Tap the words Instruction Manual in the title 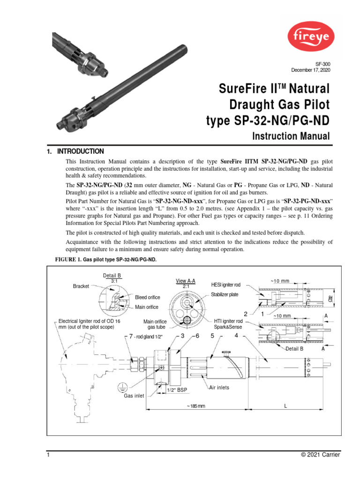tap(291, 136)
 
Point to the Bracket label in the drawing tap(81, 286)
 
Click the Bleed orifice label tap(148, 298)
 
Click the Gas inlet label tap(134, 396)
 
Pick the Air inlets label tap(219, 388)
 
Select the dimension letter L tap(285, 406)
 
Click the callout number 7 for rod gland tap(131, 337)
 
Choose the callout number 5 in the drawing tap(212, 336)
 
